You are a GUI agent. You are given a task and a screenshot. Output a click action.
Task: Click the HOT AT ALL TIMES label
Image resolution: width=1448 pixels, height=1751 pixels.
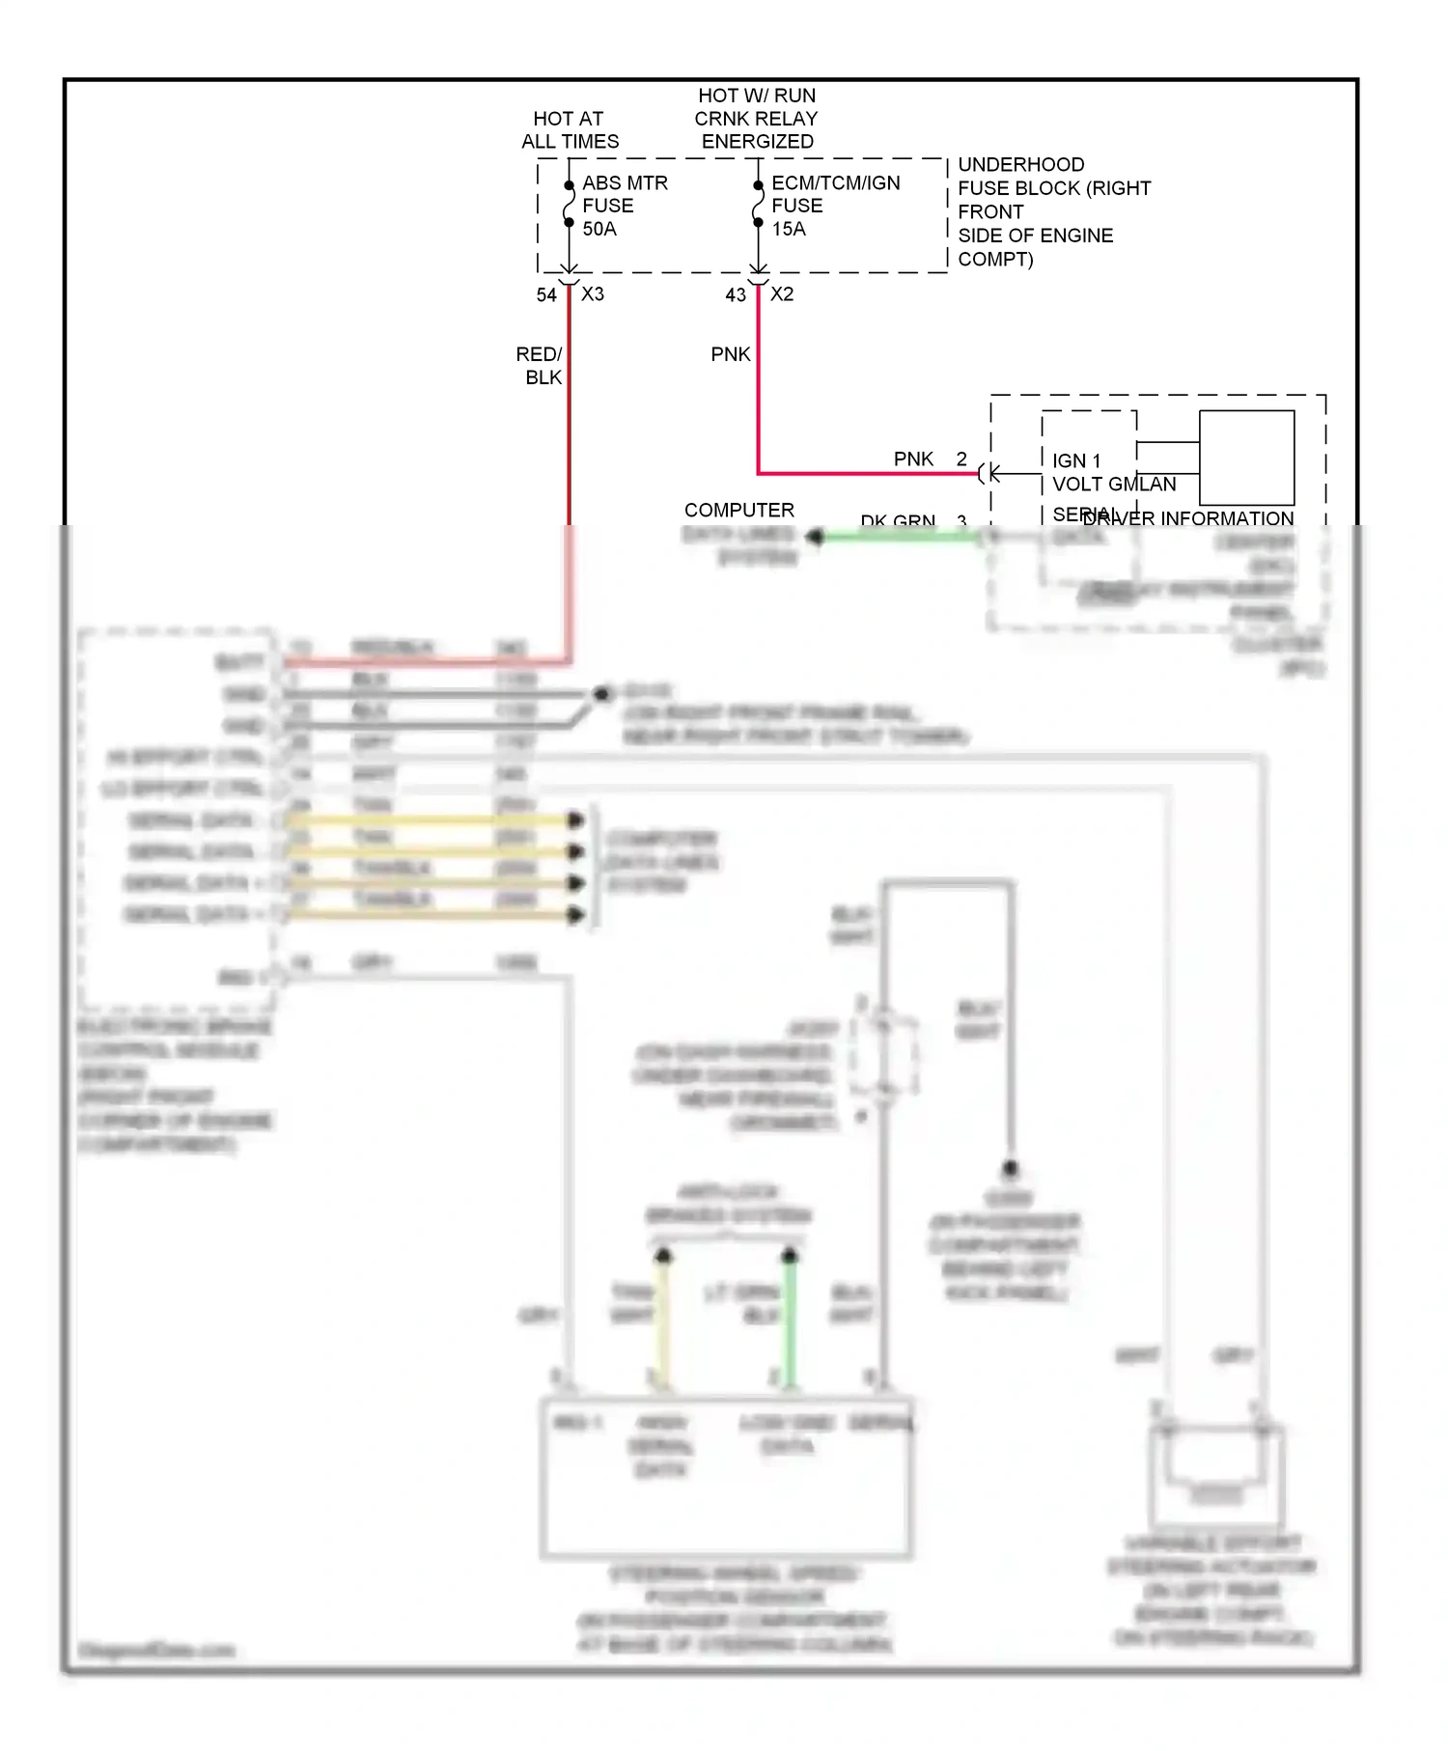coord(570,130)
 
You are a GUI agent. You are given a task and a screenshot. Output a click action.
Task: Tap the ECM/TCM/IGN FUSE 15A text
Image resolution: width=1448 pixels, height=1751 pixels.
coord(834,206)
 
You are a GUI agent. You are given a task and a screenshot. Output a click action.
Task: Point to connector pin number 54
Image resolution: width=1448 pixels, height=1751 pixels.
coord(546,295)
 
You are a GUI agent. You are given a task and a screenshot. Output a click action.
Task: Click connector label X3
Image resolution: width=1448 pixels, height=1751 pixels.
coord(593,294)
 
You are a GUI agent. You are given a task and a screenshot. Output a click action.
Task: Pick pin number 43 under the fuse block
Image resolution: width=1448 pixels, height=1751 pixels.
coord(736,295)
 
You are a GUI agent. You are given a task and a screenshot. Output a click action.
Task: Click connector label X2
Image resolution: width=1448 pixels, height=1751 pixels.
coord(782,294)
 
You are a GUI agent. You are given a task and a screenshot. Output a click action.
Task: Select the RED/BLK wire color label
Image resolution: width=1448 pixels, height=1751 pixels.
coord(540,366)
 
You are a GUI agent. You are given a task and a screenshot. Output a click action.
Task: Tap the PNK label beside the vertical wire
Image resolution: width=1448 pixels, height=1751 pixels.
coord(730,354)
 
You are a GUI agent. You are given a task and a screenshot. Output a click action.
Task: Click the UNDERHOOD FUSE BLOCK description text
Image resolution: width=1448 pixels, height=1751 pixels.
coord(1052,211)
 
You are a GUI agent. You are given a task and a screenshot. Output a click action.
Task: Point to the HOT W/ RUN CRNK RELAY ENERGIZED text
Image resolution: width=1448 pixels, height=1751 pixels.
coord(757,119)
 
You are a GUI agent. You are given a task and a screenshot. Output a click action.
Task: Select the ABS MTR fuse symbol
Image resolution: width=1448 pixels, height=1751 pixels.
coord(570,204)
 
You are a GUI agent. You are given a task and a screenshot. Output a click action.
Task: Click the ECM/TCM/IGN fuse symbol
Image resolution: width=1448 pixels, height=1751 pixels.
coord(759,204)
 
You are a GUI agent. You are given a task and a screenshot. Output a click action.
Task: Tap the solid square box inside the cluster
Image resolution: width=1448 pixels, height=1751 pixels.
coord(1246,458)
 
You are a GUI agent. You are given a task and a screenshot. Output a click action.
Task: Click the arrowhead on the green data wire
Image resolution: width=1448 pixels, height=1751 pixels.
coord(816,537)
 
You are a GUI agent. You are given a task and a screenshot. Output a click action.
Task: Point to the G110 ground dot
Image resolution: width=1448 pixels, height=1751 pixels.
coord(602,694)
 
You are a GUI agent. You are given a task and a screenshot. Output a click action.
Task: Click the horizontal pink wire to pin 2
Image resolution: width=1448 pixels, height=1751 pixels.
coord(869,473)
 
